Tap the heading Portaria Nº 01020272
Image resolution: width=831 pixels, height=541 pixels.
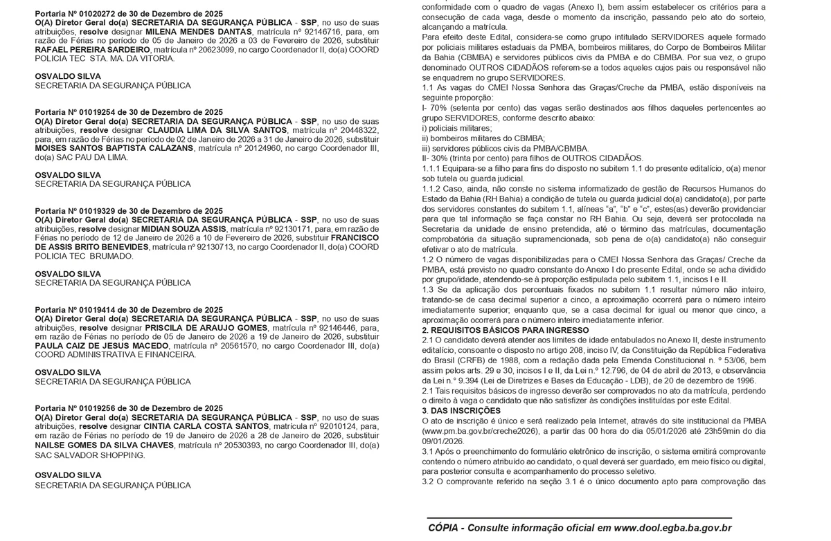tap(129, 14)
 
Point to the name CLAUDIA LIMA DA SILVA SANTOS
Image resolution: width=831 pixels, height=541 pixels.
tap(217, 130)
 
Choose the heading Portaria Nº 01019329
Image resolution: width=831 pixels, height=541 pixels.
tap(129, 211)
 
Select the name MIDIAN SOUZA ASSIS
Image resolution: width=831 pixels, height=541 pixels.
tap(184, 228)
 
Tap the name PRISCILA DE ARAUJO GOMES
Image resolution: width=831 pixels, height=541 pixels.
tap(206, 328)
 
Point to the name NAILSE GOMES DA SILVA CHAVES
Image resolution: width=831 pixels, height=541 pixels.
tap(104, 445)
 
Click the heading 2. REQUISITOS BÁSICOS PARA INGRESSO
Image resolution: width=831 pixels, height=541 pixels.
tap(506, 331)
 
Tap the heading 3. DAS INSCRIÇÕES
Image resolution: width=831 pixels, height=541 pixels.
tap(461, 411)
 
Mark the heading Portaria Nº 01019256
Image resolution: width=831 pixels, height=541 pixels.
tap(129, 409)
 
